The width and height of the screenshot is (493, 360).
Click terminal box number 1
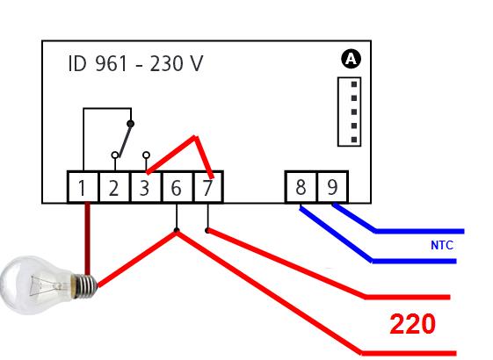pos(83,187)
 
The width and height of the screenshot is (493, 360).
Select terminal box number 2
pos(114,187)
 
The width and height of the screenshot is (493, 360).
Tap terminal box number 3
pos(146,187)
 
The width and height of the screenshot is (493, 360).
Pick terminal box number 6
pos(177,187)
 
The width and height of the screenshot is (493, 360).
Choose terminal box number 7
pos(208,187)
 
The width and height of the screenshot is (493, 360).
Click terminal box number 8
pos(301,187)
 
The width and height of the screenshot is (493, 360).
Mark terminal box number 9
pos(332,187)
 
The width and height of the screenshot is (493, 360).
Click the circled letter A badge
pos(351,59)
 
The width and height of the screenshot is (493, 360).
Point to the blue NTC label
pos(442,245)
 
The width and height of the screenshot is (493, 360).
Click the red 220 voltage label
pos(412,324)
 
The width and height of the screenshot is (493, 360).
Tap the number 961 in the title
pos(111,63)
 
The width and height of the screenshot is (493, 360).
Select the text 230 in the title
pos(166,63)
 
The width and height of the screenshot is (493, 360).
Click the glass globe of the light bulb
pos(36,285)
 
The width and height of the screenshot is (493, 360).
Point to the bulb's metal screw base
pos(84,286)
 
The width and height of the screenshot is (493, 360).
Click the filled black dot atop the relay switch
pos(131,124)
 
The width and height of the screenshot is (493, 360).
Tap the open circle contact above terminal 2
pos(115,155)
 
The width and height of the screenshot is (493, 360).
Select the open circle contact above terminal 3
pos(146,155)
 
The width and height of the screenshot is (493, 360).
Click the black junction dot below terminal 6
pos(177,230)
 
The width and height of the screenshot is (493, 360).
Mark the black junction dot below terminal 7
pos(207,231)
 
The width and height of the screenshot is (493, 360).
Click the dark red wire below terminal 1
pos(87,239)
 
